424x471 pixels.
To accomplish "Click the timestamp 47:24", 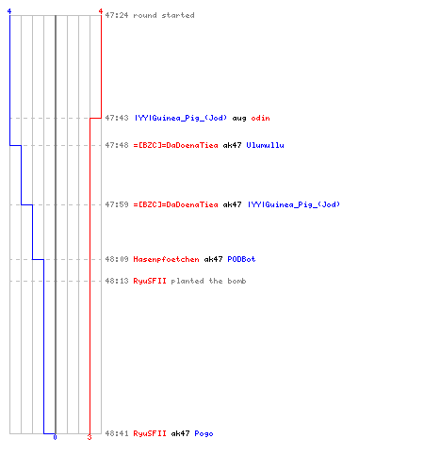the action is (117, 15).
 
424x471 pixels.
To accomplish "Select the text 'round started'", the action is (164, 15).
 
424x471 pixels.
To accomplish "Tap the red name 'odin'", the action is (260, 118).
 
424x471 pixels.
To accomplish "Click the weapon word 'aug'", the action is (239, 119).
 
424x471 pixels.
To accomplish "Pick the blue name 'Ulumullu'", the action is (265, 145).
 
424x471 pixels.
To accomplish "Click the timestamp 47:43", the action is (117, 118).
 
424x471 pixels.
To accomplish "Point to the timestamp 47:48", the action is (117, 145).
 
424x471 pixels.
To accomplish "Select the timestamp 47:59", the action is (117, 204).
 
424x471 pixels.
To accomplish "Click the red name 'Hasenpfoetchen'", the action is (166, 259).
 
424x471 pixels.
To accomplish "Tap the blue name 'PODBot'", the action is (241, 259).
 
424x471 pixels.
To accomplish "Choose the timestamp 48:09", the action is (117, 259).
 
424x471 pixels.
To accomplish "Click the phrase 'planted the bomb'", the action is (208, 281).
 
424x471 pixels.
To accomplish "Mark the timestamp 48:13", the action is (117, 281).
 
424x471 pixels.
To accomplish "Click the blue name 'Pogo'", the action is (204, 434).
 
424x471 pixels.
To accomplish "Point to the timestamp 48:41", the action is (117, 433).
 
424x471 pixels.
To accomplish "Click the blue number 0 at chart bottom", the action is (55, 437).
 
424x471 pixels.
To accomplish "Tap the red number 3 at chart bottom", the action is (90, 437).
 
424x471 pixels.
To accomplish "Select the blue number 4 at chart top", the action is (9, 11).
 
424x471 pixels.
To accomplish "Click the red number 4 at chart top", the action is (101, 11).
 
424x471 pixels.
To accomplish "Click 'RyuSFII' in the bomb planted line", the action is (150, 281).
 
